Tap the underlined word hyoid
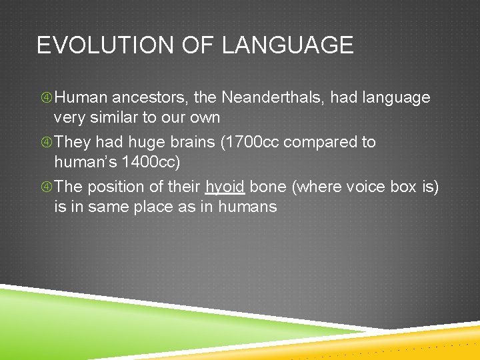(x=225, y=187)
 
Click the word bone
(x=267, y=187)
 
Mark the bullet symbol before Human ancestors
(x=46, y=98)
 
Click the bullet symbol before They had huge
(x=46, y=142)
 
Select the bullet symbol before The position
(x=46, y=187)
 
